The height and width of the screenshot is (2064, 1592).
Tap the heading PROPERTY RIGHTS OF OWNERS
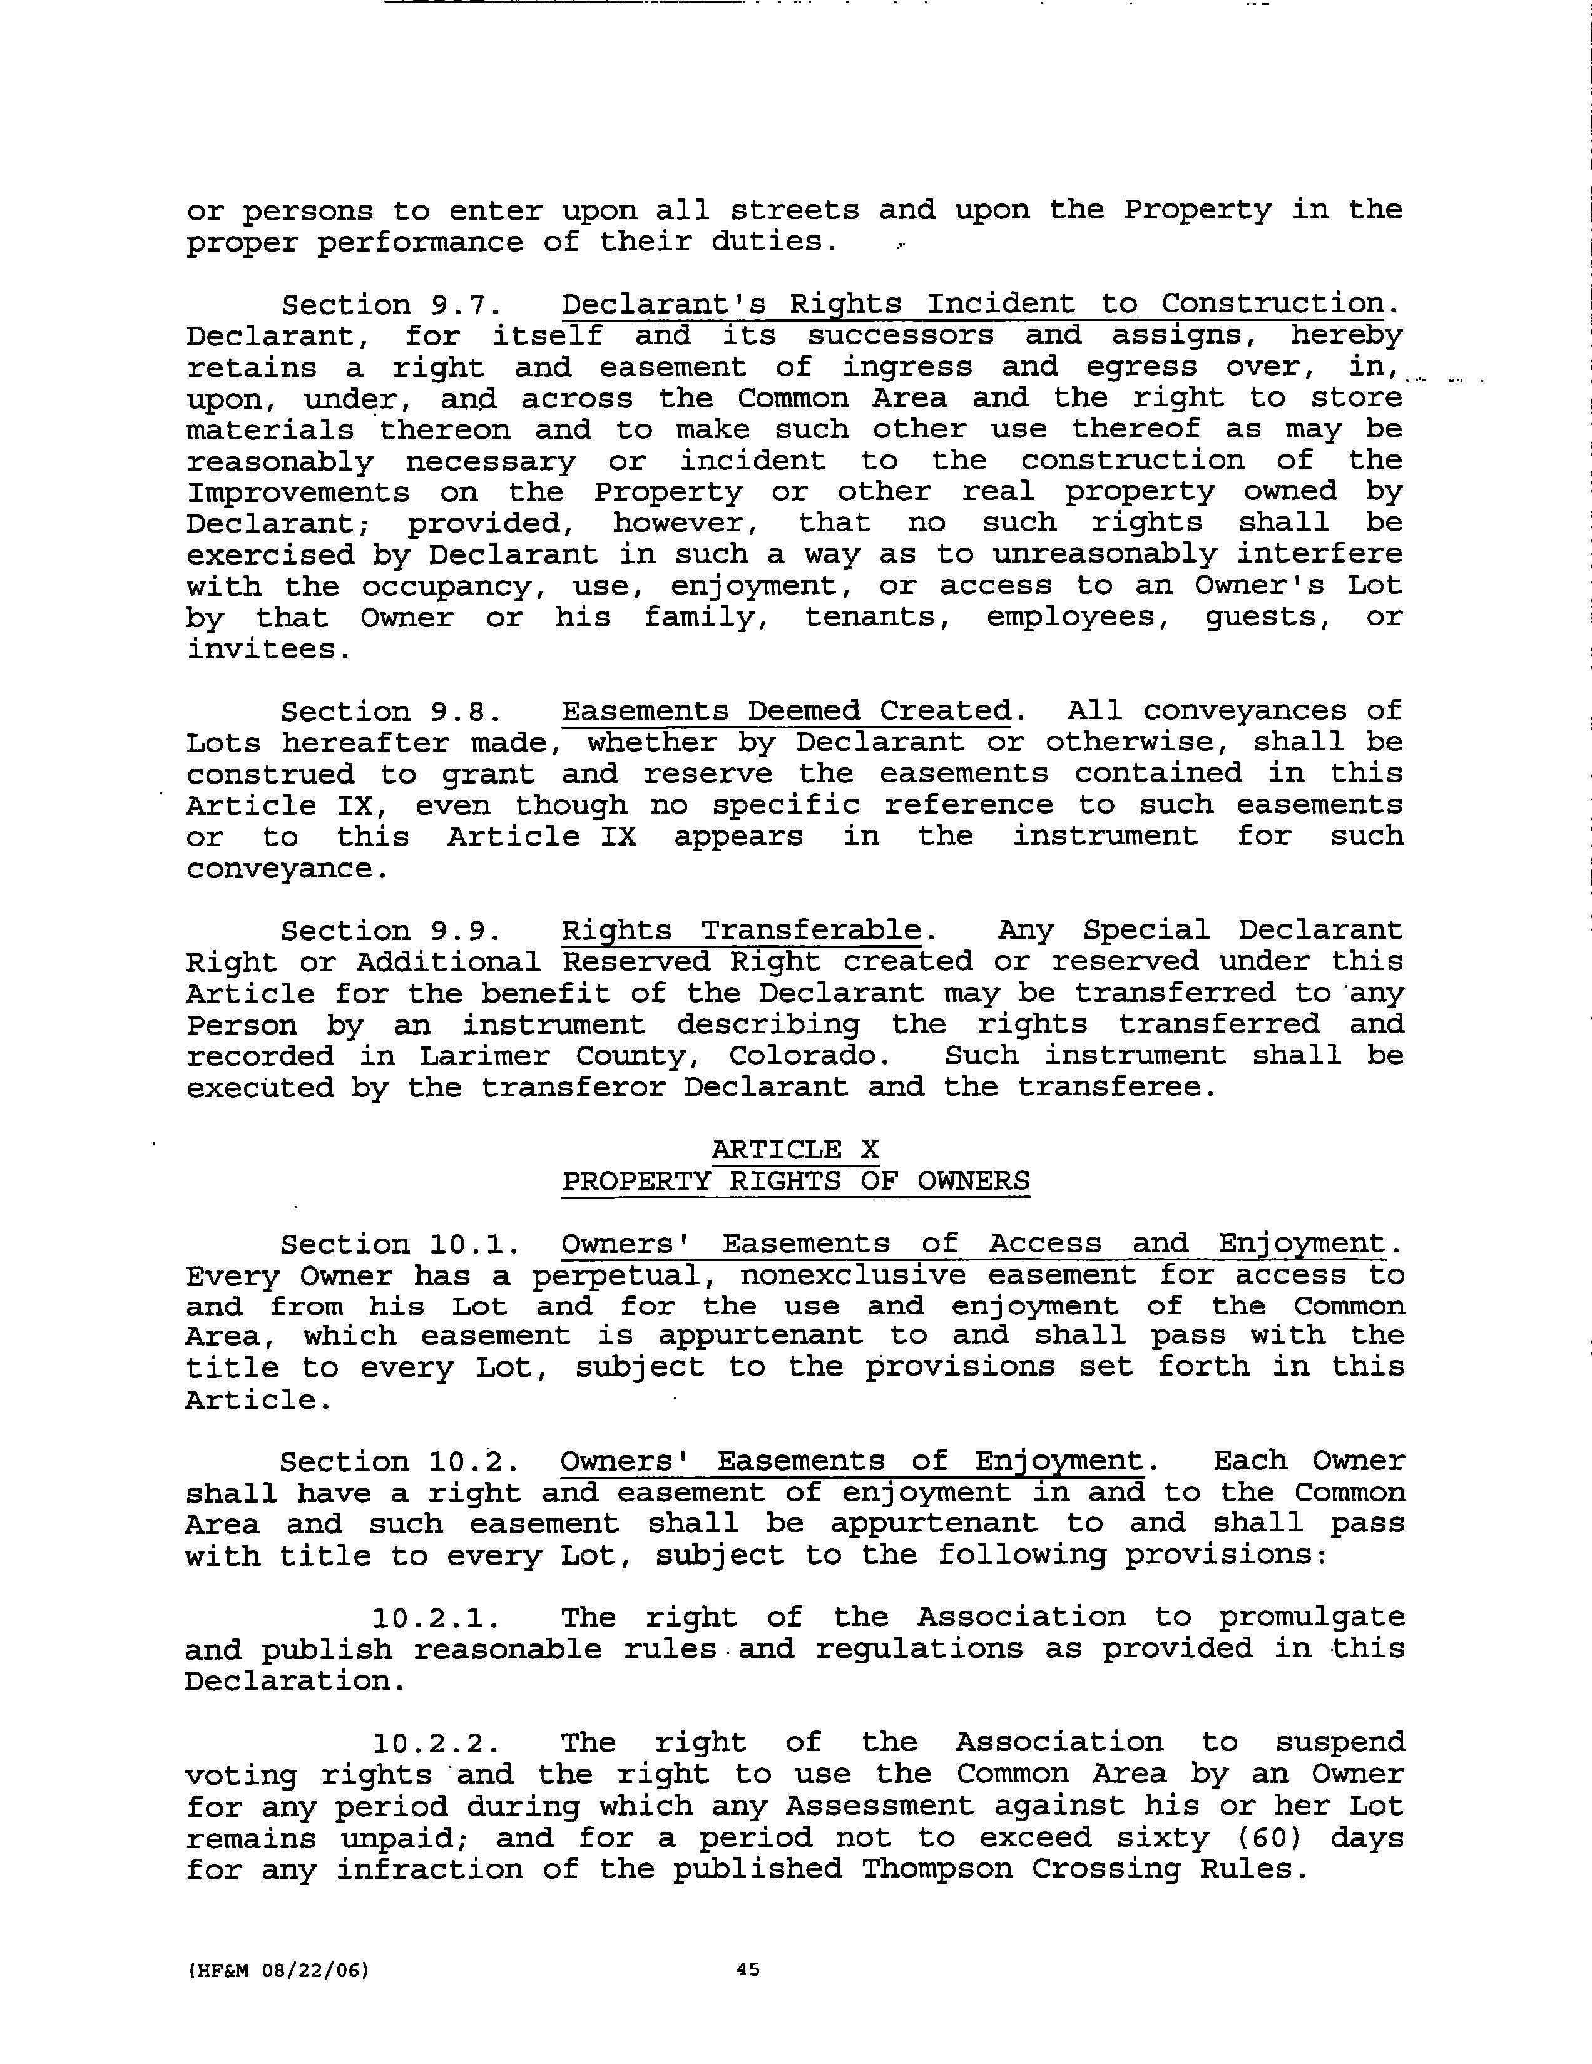[x=795, y=1182]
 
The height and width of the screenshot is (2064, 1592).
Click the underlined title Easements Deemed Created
[x=786, y=711]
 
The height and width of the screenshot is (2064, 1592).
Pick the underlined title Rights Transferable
[x=741, y=931]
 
